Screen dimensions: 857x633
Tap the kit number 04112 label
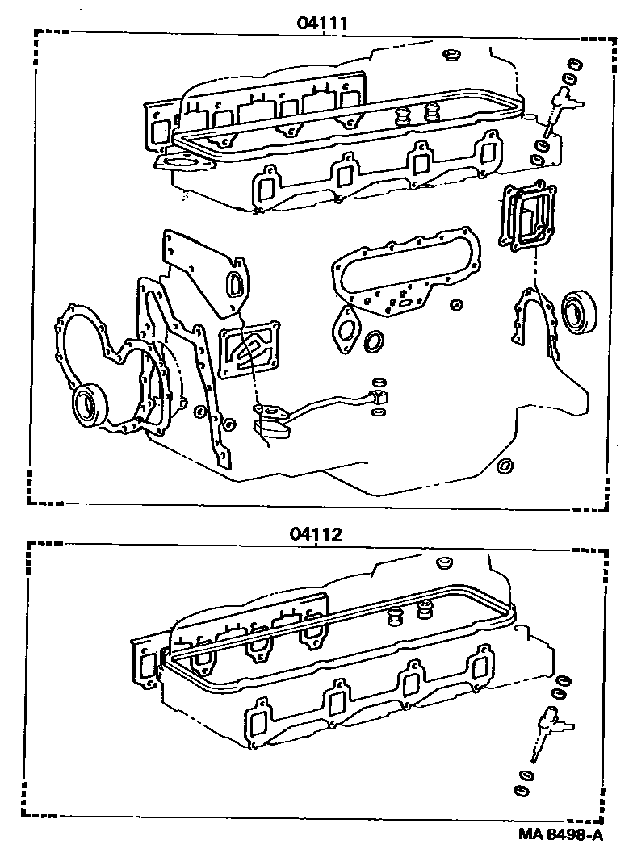[315, 533]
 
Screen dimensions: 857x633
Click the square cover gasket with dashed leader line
[526, 215]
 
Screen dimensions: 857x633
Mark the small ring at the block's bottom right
[505, 466]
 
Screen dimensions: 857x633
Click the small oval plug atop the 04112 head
[444, 561]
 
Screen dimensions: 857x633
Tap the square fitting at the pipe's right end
[376, 396]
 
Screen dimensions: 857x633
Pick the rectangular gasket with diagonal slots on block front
[249, 352]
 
